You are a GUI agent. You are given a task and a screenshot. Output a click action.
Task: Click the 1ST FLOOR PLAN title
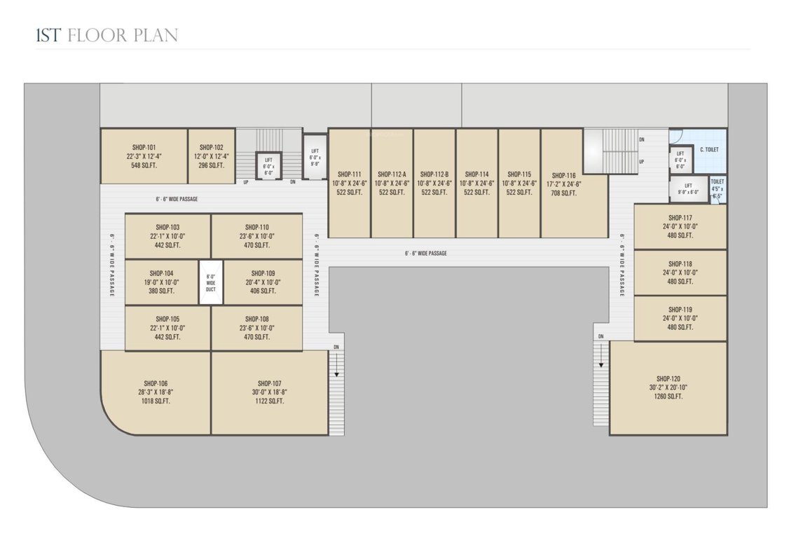pyautogui.click(x=107, y=36)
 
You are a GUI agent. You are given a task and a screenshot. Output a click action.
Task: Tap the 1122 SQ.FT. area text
pyautogui.click(x=269, y=401)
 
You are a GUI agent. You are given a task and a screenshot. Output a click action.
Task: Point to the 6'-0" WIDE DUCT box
pyautogui.click(x=211, y=282)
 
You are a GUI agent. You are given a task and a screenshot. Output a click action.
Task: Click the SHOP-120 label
pyautogui.click(x=668, y=378)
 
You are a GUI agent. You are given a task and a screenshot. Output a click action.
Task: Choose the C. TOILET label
pyautogui.click(x=708, y=150)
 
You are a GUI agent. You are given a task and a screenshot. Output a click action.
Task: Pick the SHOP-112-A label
pyautogui.click(x=392, y=174)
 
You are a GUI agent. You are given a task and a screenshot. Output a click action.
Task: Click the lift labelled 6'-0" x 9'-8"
pyautogui.click(x=315, y=158)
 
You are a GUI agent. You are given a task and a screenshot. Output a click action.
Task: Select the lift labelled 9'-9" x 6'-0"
pyautogui.click(x=687, y=188)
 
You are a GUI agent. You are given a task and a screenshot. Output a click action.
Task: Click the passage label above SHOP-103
pyautogui.click(x=177, y=199)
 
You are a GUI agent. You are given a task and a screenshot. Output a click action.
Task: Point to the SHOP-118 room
pyautogui.click(x=680, y=273)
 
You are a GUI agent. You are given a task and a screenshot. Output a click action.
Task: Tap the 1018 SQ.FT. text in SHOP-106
pyautogui.click(x=156, y=401)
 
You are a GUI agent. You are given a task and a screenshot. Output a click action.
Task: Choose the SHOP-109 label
pyautogui.click(x=260, y=273)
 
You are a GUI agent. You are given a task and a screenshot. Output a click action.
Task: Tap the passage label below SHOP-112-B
pyautogui.click(x=425, y=253)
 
